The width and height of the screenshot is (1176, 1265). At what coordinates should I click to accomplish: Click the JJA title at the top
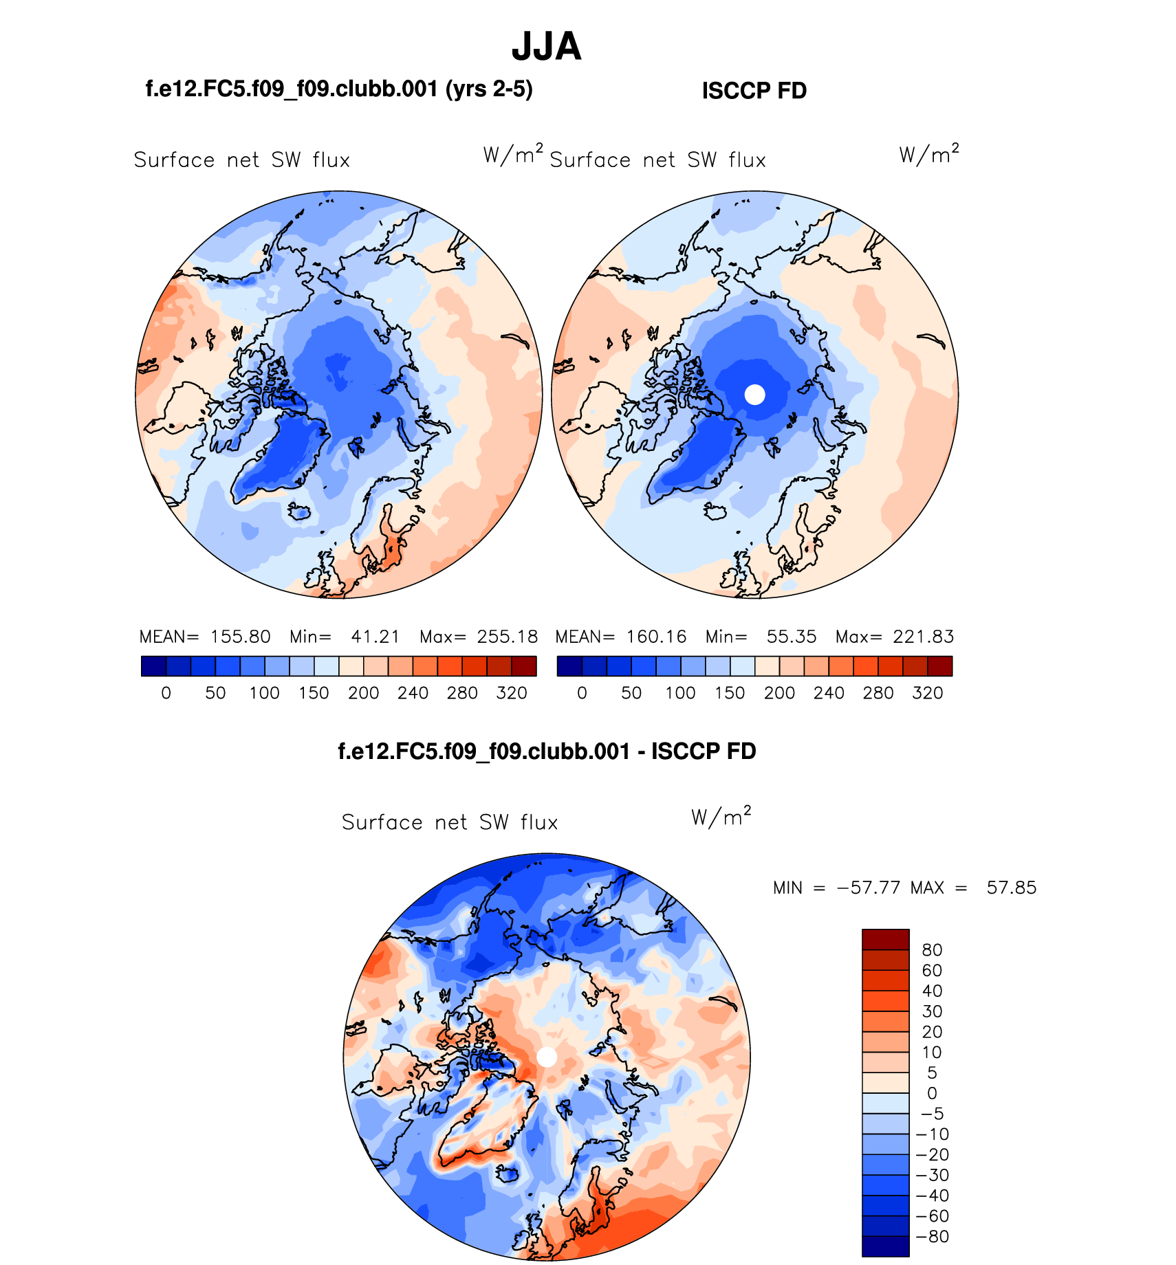point(547,47)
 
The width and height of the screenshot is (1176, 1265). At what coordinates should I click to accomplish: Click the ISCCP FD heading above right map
point(754,91)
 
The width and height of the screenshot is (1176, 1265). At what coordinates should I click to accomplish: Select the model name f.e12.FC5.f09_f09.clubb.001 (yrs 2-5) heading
point(339,89)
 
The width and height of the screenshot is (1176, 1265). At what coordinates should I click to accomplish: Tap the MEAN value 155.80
point(240,637)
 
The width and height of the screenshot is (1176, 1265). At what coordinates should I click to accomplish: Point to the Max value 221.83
point(923,637)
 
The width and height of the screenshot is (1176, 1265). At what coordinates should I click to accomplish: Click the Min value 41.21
point(375,637)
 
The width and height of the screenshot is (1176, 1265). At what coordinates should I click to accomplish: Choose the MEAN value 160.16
point(656,637)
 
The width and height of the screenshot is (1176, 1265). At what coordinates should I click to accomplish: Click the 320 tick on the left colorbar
point(511,693)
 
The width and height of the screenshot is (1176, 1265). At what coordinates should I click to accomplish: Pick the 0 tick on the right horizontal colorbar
point(582,693)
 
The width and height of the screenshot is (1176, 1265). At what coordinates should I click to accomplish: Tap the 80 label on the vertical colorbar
point(932,950)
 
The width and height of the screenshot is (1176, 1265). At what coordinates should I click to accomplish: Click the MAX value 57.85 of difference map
point(1011,888)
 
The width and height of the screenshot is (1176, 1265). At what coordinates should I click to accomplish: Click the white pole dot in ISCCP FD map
point(754,395)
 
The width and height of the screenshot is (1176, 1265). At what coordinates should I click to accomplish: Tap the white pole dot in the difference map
point(547,1057)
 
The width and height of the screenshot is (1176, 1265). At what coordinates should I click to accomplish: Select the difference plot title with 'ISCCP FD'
point(547,751)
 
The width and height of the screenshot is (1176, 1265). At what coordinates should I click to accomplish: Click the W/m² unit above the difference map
point(721,816)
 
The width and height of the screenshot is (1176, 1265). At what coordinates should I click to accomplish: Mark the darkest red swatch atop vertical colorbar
point(885,939)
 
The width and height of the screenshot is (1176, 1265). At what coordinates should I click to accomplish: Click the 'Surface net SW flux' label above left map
point(242,160)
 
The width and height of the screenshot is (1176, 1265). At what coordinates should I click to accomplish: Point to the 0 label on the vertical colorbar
point(932,1093)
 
